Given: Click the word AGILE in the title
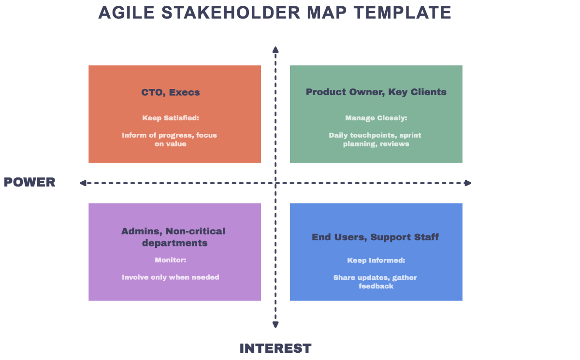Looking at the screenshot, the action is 126,13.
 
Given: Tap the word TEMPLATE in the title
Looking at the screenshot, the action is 403,13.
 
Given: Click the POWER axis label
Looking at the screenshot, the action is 29,182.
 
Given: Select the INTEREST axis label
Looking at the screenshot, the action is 275,348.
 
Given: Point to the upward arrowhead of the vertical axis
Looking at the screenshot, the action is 275,49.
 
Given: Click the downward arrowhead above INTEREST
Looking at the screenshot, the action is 275,325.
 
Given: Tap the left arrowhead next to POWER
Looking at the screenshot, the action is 83,183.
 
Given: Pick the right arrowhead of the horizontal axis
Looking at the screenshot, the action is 468,183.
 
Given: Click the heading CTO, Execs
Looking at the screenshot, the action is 170,92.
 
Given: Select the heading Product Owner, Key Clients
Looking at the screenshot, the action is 376,92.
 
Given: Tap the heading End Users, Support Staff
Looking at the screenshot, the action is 375,237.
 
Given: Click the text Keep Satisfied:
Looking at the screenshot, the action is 171,118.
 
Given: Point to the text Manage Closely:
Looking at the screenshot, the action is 376,118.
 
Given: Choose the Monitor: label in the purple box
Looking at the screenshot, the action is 171,260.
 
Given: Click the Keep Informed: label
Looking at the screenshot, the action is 376,260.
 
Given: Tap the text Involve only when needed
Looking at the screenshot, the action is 171,277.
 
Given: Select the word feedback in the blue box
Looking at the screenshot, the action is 376,286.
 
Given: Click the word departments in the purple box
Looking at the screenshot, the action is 175,243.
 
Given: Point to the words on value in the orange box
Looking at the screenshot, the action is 170,144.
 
